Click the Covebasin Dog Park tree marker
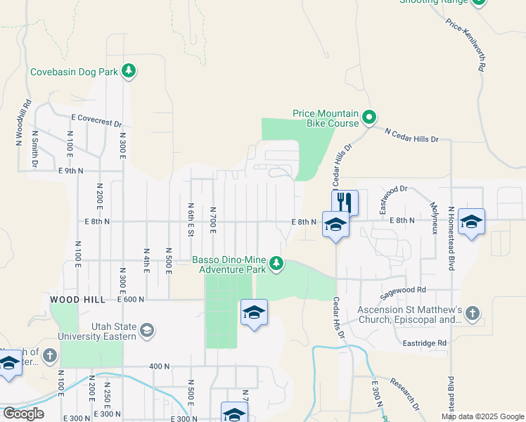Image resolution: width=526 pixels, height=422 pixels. [128, 70]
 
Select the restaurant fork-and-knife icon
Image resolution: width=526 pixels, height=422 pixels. [345, 202]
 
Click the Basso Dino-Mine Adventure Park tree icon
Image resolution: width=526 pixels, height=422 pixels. [277, 263]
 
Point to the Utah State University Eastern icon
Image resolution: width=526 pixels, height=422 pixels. [147, 330]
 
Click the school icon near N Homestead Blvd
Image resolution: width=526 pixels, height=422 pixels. [471, 222]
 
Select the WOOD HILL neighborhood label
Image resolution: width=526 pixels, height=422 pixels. [77, 300]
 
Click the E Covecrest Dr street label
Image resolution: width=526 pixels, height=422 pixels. [96, 121]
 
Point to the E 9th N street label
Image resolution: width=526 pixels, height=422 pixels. [71, 171]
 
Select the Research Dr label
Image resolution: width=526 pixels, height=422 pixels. [404, 395]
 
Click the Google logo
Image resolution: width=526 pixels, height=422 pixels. [23, 414]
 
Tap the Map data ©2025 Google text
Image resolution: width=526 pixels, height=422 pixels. [482, 416]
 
